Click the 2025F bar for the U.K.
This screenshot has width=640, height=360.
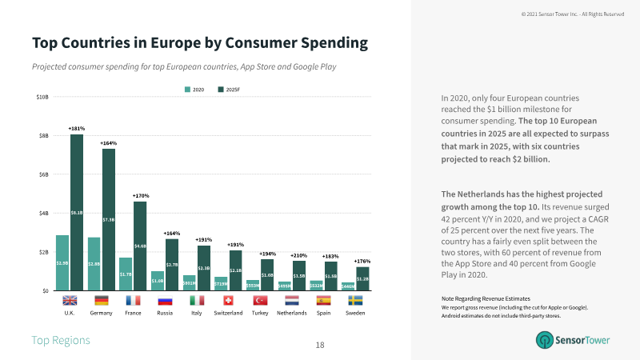pos(77,212)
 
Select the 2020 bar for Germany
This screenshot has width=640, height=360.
pos(94,263)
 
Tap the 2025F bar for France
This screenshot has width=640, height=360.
pos(140,246)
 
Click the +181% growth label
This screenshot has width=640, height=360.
pos(77,128)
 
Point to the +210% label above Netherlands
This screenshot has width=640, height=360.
pos(298,255)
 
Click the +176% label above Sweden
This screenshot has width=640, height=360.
pos(362,262)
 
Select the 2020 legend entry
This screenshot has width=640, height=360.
pos(196,89)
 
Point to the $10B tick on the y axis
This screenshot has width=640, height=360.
pos(42,98)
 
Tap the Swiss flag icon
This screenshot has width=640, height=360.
pos(228,301)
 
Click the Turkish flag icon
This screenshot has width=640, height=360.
pos(259,301)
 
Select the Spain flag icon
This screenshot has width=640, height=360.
pos(323,301)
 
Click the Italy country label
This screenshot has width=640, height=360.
pos(196,313)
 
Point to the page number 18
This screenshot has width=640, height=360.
pos(320,345)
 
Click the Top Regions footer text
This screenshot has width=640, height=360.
pos(61,341)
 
